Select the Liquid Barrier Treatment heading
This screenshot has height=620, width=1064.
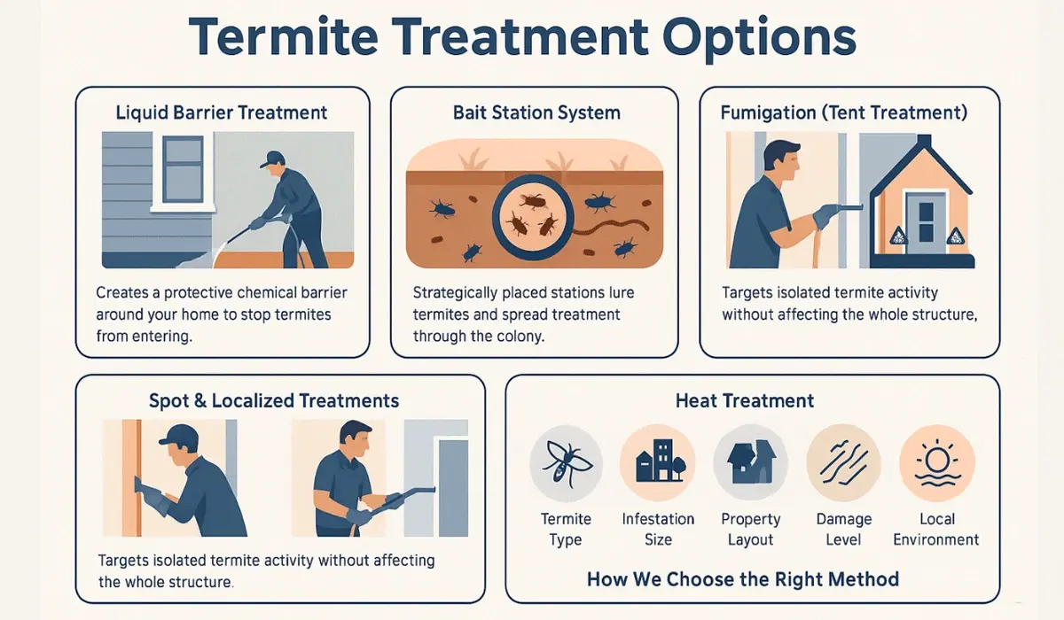pyautogui.click(x=222, y=112)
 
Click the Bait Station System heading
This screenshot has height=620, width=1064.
pyautogui.click(x=536, y=112)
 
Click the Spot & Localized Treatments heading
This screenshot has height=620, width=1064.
pyautogui.click(x=274, y=400)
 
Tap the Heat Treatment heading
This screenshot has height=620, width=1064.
pyautogui.click(x=745, y=400)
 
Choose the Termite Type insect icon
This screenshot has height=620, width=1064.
pyautogui.click(x=566, y=463)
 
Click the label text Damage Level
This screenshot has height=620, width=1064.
pyautogui.click(x=843, y=530)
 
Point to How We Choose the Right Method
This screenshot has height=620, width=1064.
pyautogui.click(x=743, y=580)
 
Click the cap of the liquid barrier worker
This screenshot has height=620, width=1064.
pyautogui.click(x=273, y=159)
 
